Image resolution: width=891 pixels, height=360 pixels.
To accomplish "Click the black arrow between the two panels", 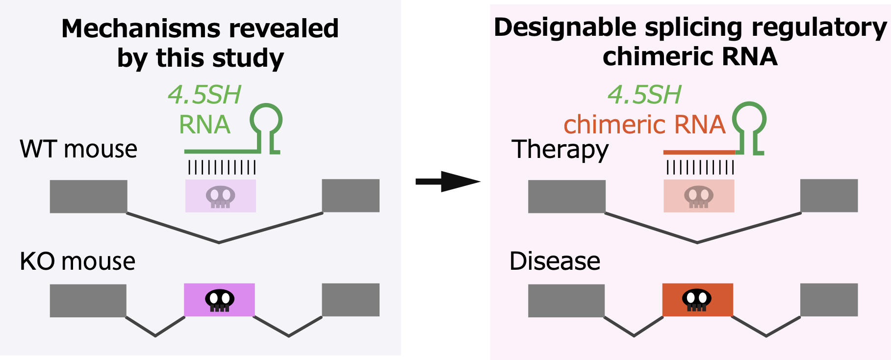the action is [447, 181].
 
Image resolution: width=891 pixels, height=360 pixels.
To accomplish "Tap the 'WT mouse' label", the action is [78, 149].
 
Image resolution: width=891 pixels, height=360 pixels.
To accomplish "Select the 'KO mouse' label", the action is [77, 261].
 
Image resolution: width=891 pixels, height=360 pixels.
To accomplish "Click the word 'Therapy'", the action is [560, 150].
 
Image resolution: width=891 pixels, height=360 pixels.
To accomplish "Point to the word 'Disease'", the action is [555, 261].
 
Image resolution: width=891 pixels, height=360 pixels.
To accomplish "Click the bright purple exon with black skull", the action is [219, 300].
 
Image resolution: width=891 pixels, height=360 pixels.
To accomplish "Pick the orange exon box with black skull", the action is [697, 300].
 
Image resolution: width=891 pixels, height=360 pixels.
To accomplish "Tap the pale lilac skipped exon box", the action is [221, 196].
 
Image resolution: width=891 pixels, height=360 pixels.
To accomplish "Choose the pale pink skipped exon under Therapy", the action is [699, 196].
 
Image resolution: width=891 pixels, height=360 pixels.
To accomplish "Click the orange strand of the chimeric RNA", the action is [699, 153].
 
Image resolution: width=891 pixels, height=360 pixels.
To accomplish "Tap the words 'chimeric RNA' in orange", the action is [644, 125].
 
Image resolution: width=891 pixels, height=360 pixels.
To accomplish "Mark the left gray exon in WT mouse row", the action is [89, 196].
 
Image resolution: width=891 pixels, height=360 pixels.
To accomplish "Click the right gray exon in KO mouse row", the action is [351, 300].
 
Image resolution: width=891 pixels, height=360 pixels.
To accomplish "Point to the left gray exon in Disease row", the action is [566, 300].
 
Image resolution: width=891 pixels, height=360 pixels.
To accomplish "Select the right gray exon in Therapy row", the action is [829, 196].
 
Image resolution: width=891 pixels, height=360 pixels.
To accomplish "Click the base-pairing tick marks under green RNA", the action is [222, 168].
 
